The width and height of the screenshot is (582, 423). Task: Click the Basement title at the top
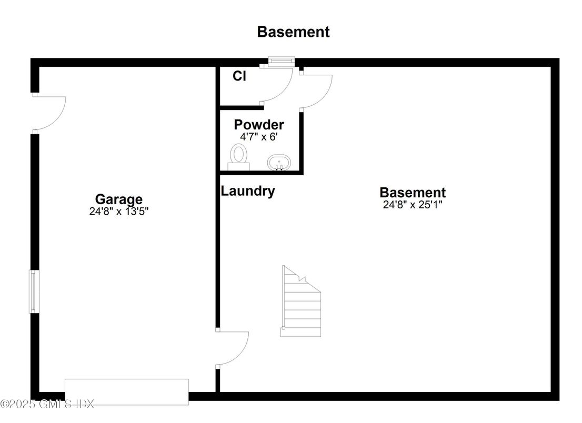click(x=293, y=32)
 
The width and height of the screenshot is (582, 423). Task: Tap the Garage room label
click(x=118, y=199)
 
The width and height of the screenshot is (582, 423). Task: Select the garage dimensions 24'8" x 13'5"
click(x=118, y=211)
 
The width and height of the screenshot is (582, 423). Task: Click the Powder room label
click(x=259, y=125)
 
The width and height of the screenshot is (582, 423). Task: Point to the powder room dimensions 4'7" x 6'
click(x=259, y=136)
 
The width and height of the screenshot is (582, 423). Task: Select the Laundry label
click(x=247, y=191)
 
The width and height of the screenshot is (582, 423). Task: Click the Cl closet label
click(x=239, y=76)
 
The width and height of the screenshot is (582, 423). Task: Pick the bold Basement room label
click(x=413, y=193)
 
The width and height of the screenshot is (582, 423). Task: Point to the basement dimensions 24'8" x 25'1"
click(x=413, y=205)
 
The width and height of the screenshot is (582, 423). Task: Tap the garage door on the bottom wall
click(x=126, y=391)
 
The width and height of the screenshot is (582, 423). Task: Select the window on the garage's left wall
click(x=34, y=291)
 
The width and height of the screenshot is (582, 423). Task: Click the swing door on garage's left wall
click(x=49, y=113)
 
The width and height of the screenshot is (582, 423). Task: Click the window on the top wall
click(x=280, y=62)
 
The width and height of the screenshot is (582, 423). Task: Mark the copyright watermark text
click(x=47, y=404)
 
